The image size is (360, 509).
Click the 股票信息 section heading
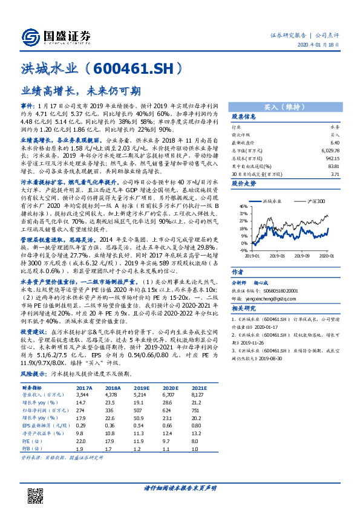(244, 116)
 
